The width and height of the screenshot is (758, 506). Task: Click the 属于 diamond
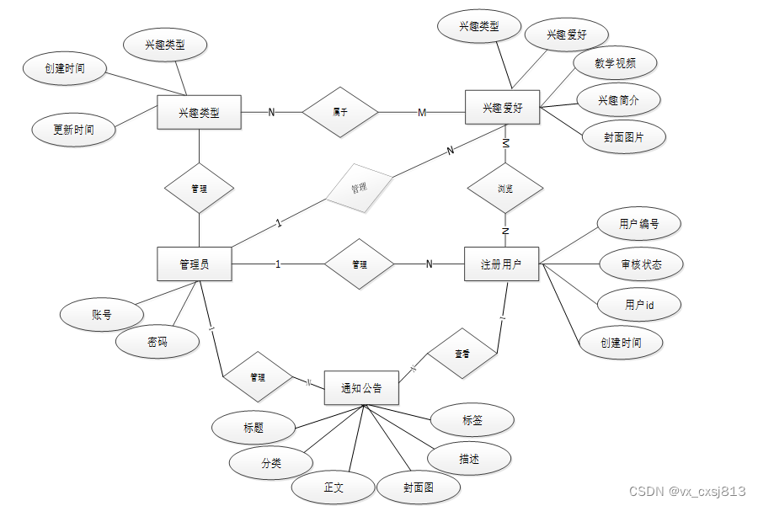pos(340,112)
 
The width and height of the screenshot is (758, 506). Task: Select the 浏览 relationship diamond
pos(505,189)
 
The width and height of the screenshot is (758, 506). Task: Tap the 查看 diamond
pos(462,354)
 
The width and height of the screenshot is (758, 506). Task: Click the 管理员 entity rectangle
pos(195,264)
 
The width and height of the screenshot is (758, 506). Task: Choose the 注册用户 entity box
pos(501,264)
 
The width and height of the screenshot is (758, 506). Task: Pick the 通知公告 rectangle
pos(361,388)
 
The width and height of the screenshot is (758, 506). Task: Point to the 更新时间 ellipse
pos(73,130)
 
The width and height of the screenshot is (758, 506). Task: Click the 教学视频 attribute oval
pos(615,63)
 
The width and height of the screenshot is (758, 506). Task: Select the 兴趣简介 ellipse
pos(619,100)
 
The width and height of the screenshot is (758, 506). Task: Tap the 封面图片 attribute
pos(624,137)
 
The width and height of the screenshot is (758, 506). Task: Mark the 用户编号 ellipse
pos(638,224)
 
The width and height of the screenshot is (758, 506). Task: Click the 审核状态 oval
pos(641,264)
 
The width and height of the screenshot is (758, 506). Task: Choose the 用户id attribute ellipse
pos(639,305)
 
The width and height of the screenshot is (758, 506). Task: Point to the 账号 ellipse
pos(102,315)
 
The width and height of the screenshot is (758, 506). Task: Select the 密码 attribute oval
pos(157,342)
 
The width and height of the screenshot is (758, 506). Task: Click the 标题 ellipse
pos(254,428)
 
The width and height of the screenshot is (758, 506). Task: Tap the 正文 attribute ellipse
pos(334,487)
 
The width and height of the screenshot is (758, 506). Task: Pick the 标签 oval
pos(472,420)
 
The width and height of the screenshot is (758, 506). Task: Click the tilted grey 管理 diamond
pos(359,188)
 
